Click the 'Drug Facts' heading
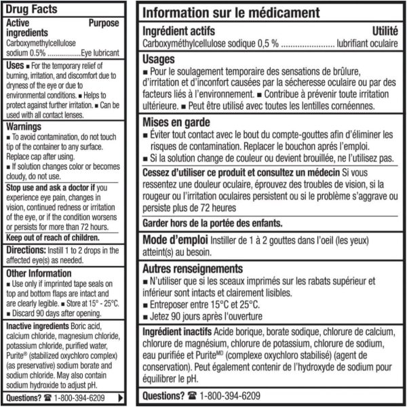[x=33, y=9]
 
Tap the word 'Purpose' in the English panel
[x=104, y=22]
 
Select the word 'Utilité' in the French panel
[x=385, y=31]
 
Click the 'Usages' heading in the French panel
[x=159, y=59]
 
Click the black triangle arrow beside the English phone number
[x=121, y=398]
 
